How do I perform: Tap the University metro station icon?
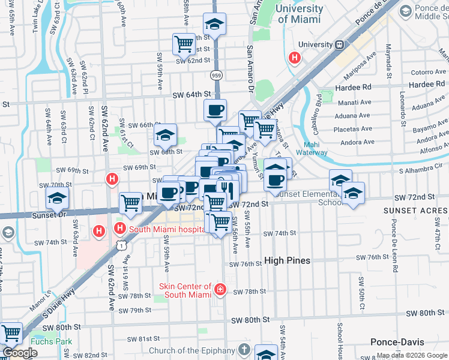click(x=340, y=44)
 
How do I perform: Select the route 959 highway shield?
click(x=216, y=75)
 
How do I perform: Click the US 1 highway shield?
click(x=122, y=245)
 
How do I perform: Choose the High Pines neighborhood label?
click(x=288, y=260)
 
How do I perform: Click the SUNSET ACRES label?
click(x=420, y=211)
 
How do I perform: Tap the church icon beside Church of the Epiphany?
click(x=244, y=350)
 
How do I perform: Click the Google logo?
click(x=19, y=353)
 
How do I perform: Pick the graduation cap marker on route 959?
click(x=214, y=24)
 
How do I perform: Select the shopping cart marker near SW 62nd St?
click(x=184, y=43)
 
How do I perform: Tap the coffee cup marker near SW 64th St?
click(x=215, y=110)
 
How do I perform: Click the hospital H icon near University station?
click(x=295, y=58)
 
